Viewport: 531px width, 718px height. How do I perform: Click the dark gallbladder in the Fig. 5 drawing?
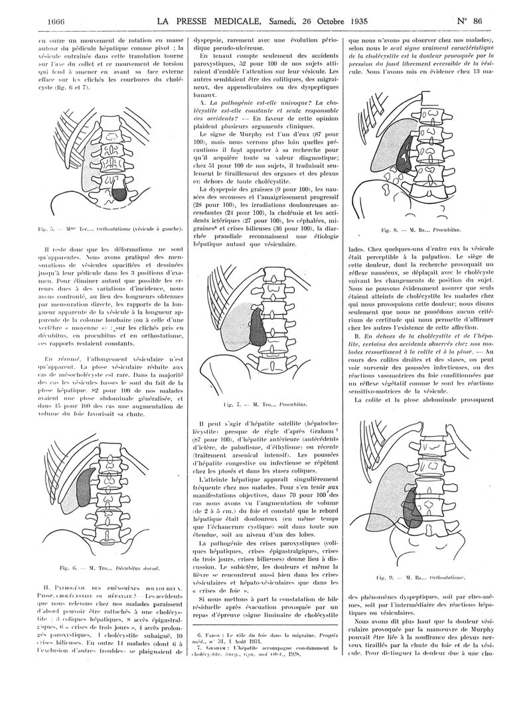[x=118, y=193]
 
